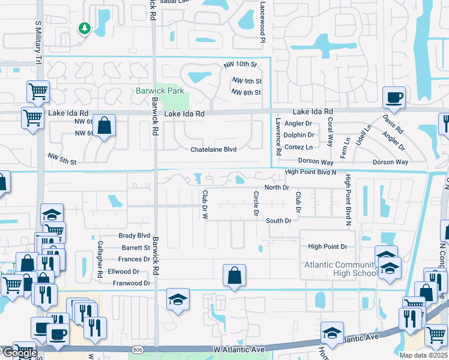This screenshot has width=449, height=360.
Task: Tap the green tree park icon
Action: click(85, 28)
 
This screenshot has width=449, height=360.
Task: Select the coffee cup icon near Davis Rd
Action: click(394, 97)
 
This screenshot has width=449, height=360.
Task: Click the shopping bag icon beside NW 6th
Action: click(104, 126)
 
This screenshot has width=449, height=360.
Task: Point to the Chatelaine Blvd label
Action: click(214, 149)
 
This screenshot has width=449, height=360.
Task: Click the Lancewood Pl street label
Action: click(262, 22)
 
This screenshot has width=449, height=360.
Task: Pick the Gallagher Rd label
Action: click(100, 259)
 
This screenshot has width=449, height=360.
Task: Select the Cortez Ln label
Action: click(298, 147)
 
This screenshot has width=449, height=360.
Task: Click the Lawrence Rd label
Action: click(279, 137)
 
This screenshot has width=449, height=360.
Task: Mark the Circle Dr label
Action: click(256, 203)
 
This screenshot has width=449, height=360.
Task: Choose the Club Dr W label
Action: click(205, 204)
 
